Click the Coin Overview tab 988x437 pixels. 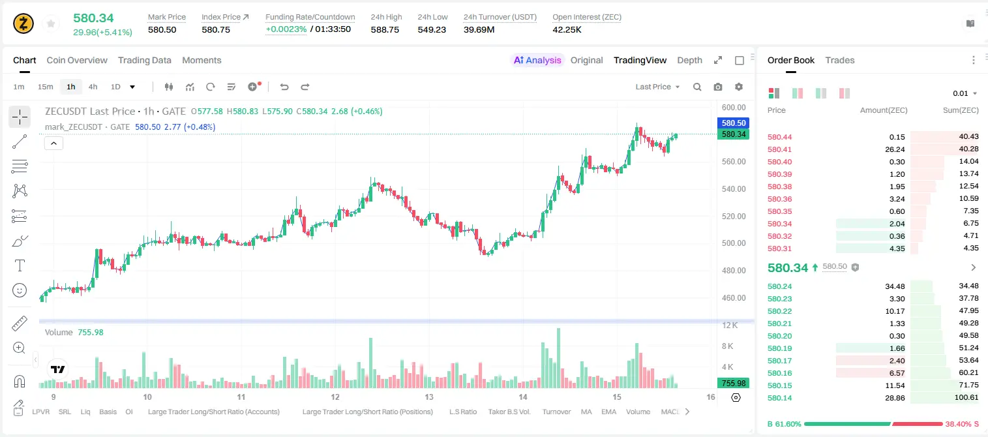click(x=77, y=60)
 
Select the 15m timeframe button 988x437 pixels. click(x=45, y=87)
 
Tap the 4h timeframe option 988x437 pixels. click(x=93, y=87)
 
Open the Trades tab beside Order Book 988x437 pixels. click(x=840, y=60)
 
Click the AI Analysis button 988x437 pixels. click(x=537, y=60)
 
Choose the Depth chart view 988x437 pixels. click(x=689, y=60)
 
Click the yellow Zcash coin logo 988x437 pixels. click(x=23, y=23)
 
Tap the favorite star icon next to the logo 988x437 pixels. click(x=51, y=24)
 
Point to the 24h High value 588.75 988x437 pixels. click(x=385, y=29)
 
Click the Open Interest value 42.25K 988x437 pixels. click(x=567, y=29)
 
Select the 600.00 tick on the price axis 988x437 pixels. click(x=734, y=107)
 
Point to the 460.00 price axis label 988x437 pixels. click(x=734, y=297)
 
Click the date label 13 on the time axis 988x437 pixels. click(x=428, y=397)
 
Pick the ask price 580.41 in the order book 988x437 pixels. click(x=779, y=149)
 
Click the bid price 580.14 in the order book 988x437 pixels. click(x=779, y=398)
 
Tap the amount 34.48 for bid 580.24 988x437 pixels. click(x=895, y=286)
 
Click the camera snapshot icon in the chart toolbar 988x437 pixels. click(x=717, y=87)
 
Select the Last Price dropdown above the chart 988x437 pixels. click(x=657, y=87)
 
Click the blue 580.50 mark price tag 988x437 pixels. click(x=734, y=123)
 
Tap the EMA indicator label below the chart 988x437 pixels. click(x=608, y=412)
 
